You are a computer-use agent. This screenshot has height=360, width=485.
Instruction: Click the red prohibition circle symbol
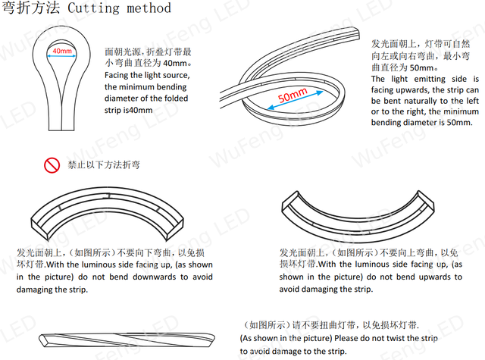(52, 165)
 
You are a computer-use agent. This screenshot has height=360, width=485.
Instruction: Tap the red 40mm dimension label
(62, 51)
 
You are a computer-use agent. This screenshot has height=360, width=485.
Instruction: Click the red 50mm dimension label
(293, 95)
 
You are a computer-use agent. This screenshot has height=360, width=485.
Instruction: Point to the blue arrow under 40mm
(61, 56)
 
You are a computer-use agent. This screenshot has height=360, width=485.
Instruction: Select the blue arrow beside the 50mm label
(295, 100)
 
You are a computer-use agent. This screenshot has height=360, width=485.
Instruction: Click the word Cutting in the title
(93, 8)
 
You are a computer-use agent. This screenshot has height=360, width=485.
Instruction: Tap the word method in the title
(149, 8)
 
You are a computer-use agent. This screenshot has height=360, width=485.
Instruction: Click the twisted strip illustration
(127, 340)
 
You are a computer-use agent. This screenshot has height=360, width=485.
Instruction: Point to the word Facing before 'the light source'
(116, 76)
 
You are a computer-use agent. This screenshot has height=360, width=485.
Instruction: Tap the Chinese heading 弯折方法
(31, 8)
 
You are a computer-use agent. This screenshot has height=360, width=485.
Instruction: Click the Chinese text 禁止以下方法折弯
(104, 165)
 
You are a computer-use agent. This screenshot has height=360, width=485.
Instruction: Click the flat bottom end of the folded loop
(61, 130)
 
